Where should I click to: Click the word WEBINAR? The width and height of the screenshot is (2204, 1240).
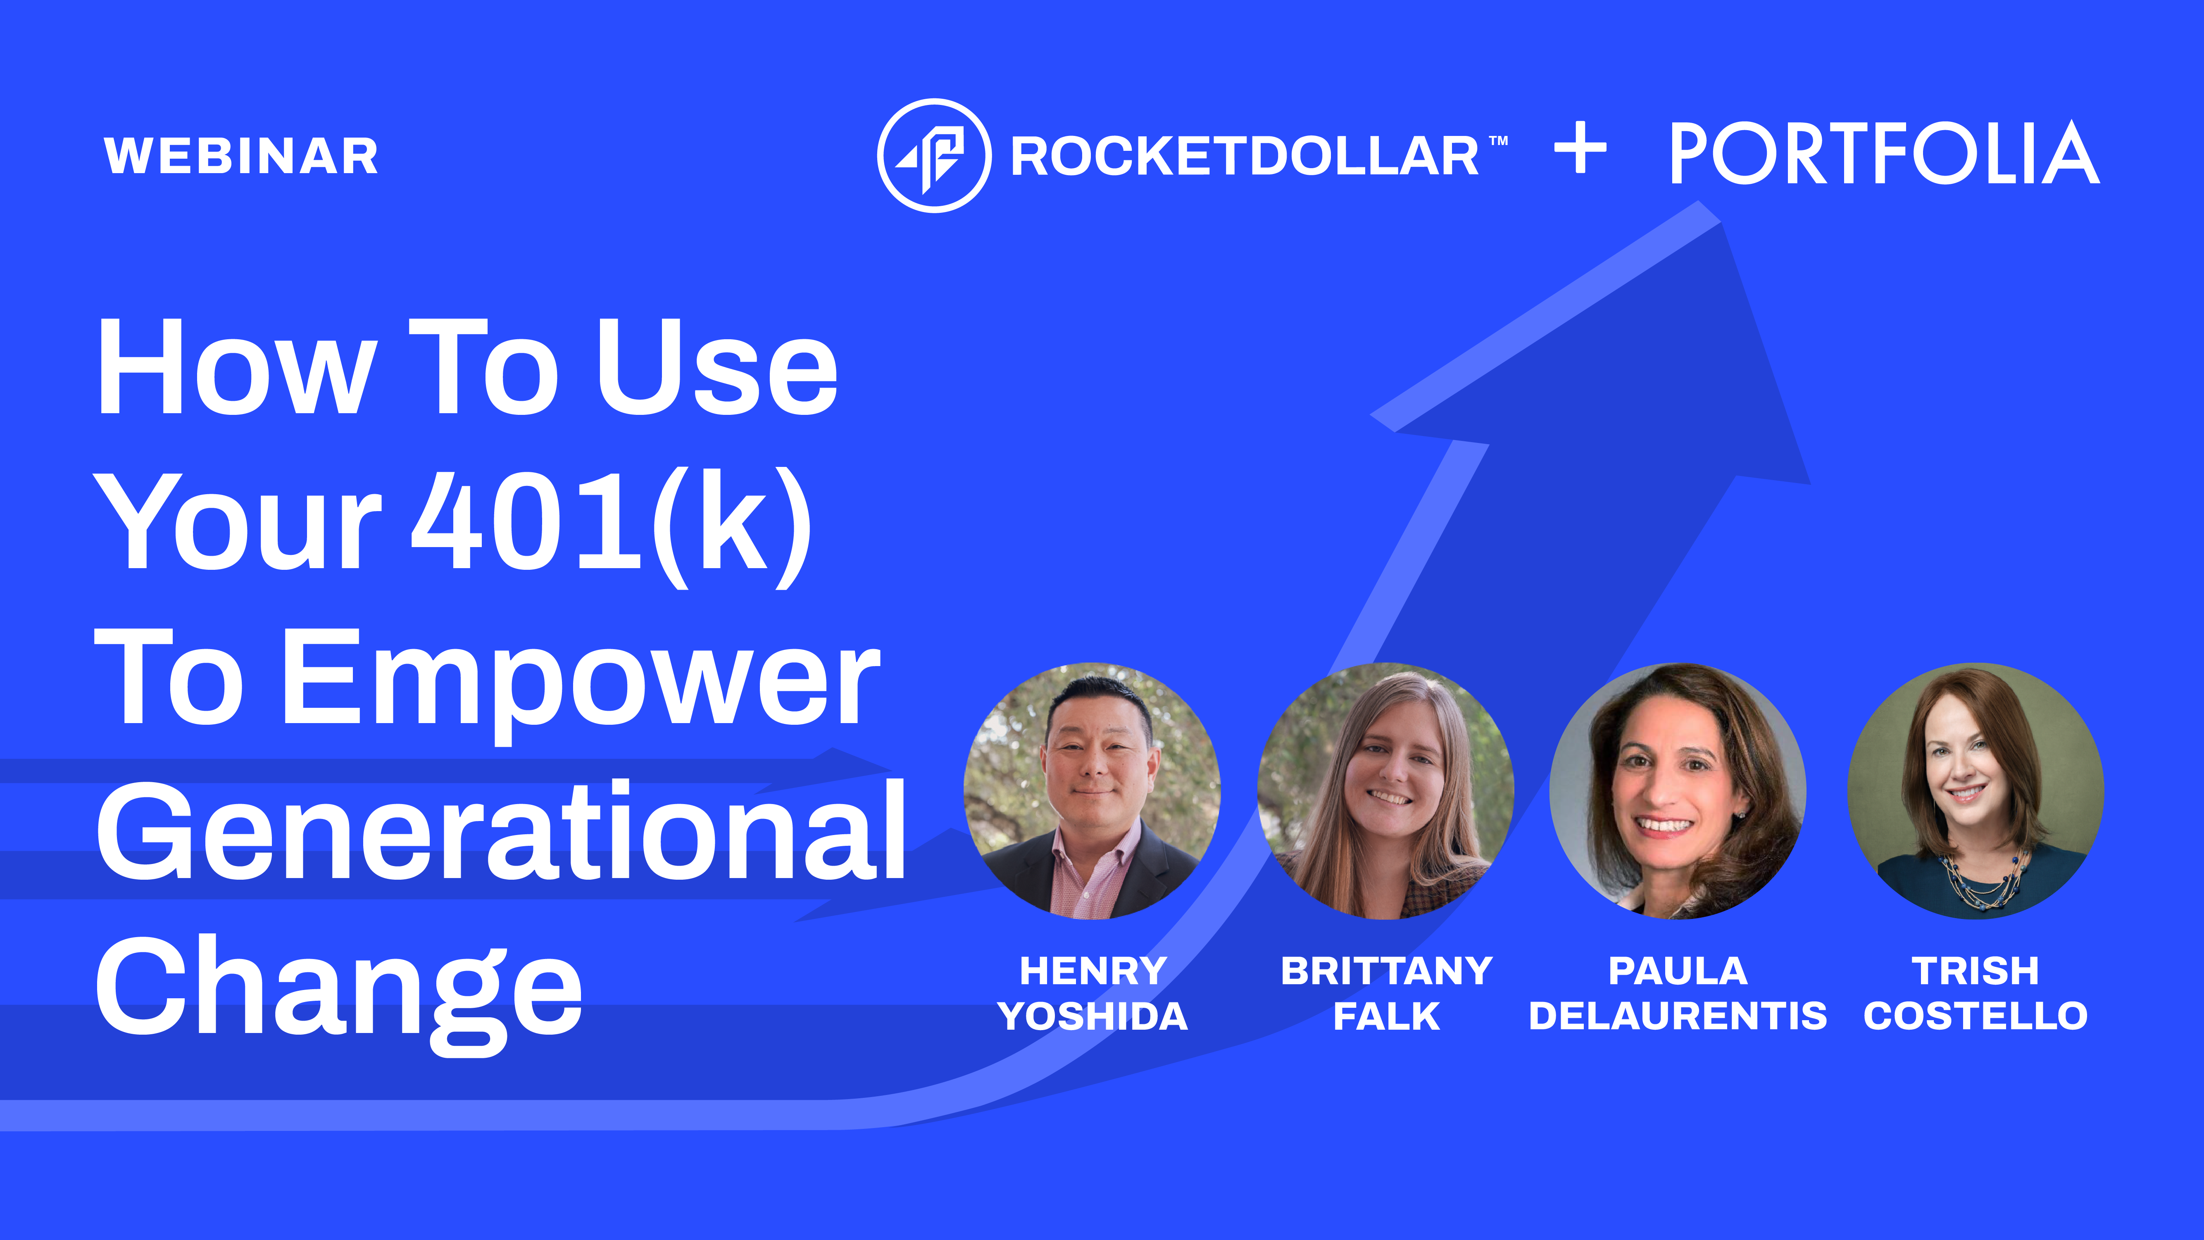click(x=241, y=156)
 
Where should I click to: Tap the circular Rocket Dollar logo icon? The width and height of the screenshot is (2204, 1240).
click(x=934, y=156)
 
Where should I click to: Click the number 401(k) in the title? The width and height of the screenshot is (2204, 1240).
click(x=612, y=526)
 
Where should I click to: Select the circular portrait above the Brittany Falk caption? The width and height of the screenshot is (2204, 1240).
click(x=1385, y=791)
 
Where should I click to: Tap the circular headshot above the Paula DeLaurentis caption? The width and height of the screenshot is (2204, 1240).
click(x=1678, y=791)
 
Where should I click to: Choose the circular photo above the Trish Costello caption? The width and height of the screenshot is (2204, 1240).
click(x=1976, y=791)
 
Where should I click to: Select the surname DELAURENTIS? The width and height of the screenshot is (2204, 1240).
click(x=1678, y=1016)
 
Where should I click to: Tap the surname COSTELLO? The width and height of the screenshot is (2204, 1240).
click(x=1976, y=1016)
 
